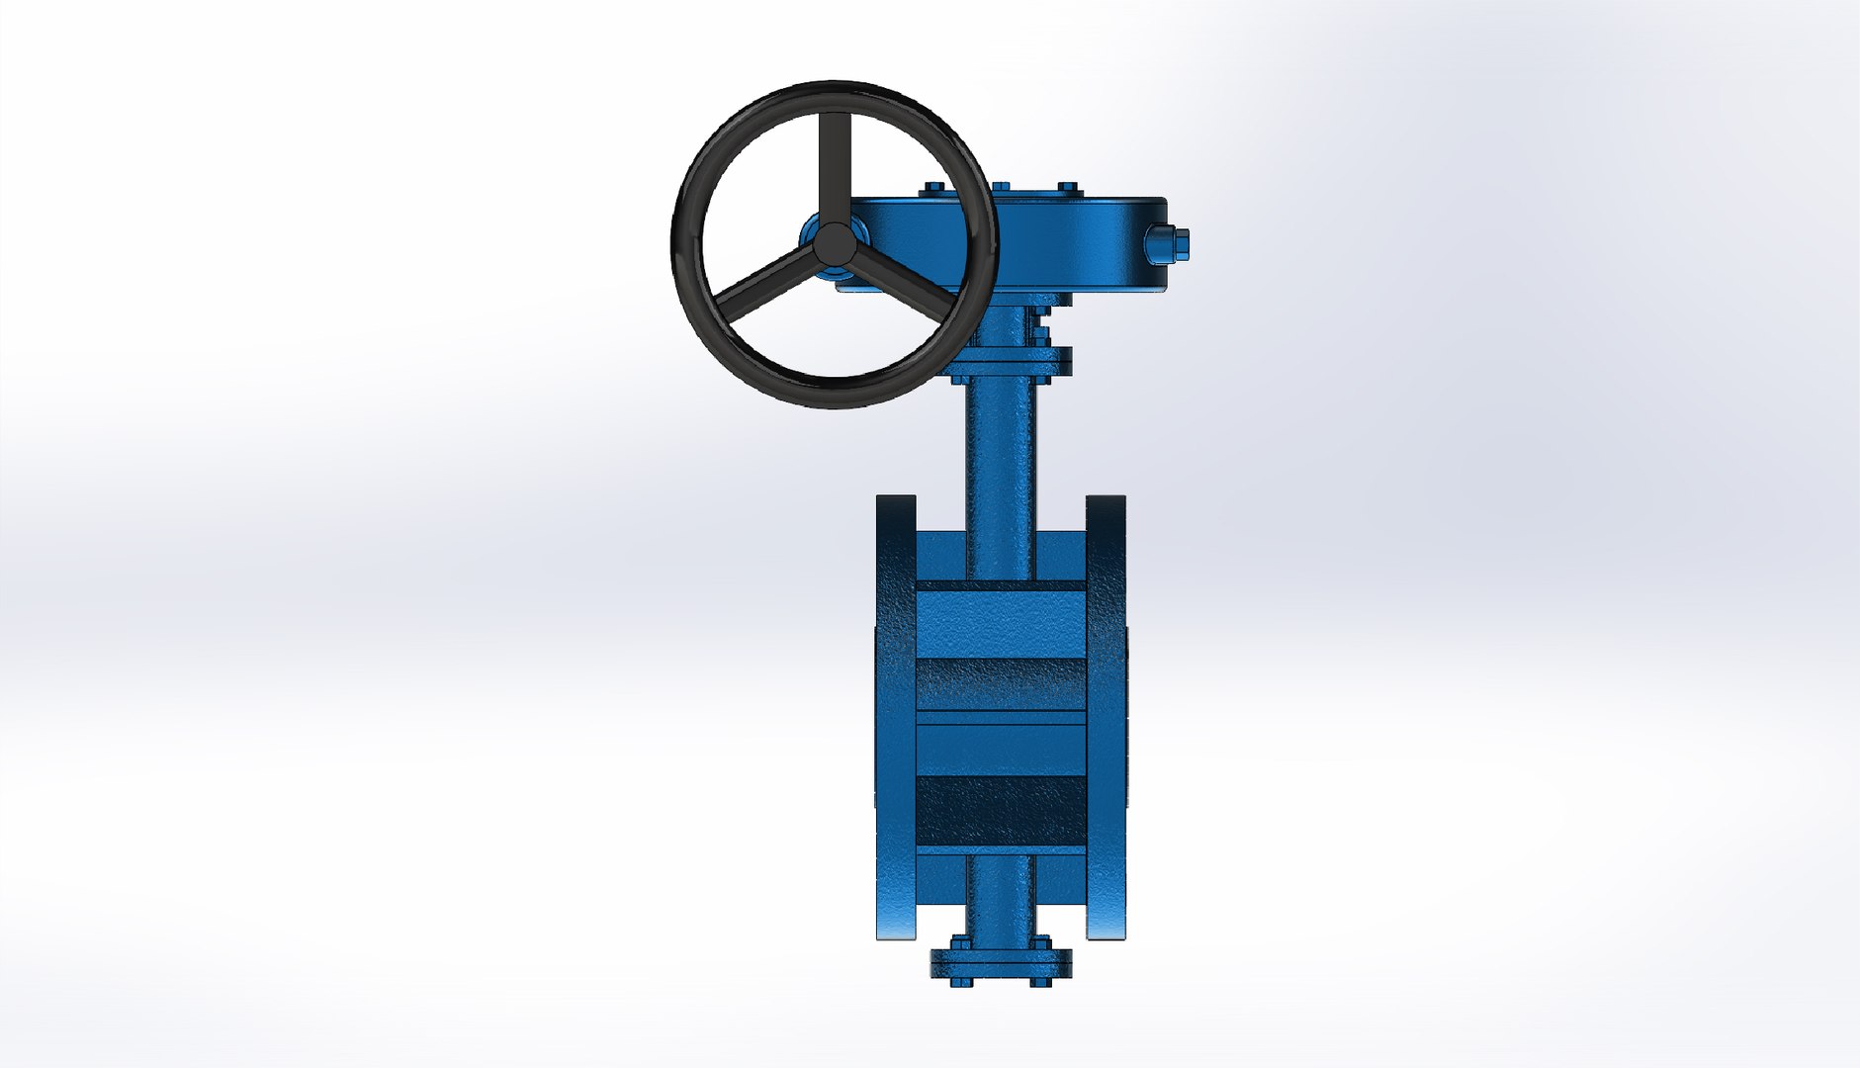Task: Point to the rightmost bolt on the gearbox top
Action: (x=1067, y=189)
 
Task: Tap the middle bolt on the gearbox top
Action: (x=1000, y=188)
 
